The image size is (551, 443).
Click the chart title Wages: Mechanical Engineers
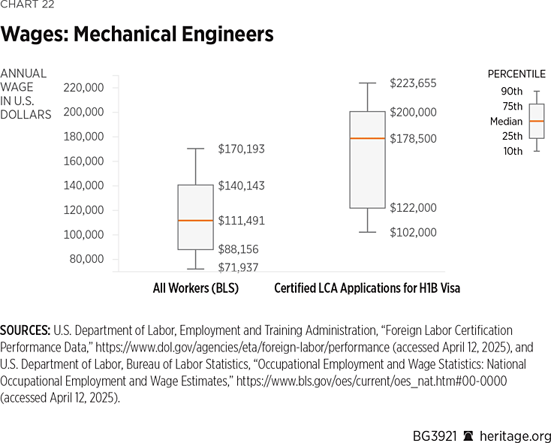click(x=137, y=34)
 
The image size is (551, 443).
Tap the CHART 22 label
click(x=27, y=5)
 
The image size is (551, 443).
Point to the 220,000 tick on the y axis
click(x=84, y=87)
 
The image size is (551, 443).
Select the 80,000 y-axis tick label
click(x=87, y=259)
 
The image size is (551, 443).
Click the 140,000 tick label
click(x=84, y=185)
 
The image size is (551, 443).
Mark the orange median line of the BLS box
click(x=195, y=220)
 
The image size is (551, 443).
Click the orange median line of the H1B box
click(x=367, y=138)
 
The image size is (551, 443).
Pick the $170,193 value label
click(x=241, y=149)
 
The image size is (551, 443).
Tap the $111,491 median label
click(x=241, y=221)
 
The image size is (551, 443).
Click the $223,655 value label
click(x=413, y=83)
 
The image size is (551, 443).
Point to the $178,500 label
click(x=413, y=139)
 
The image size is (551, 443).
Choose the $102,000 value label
click(x=413, y=233)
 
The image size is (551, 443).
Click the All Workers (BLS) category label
click(x=195, y=288)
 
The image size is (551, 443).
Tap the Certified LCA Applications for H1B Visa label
click(x=367, y=288)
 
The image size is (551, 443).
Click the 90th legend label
click(x=512, y=92)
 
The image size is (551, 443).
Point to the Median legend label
click(x=506, y=121)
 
